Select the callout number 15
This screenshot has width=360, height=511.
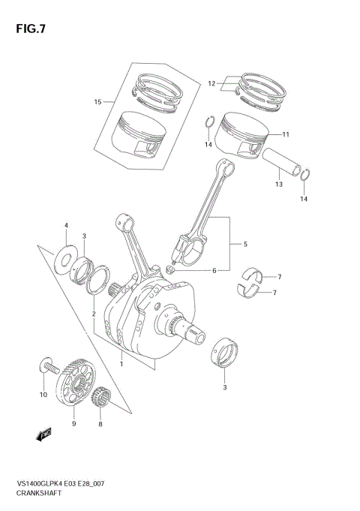click(x=97, y=102)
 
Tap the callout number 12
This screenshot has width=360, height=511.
click(x=211, y=83)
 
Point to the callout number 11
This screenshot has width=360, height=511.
click(x=286, y=134)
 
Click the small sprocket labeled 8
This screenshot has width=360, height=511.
click(x=102, y=396)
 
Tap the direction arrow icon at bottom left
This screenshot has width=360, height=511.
click(x=43, y=434)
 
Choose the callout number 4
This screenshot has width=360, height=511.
click(x=66, y=225)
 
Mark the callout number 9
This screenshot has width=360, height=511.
click(x=73, y=424)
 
